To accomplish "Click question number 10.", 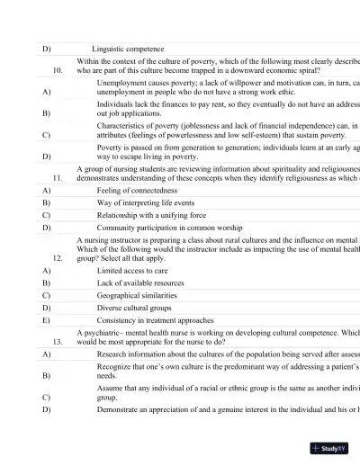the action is coord(58,68).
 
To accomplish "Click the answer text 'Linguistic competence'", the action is coord(128,48).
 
